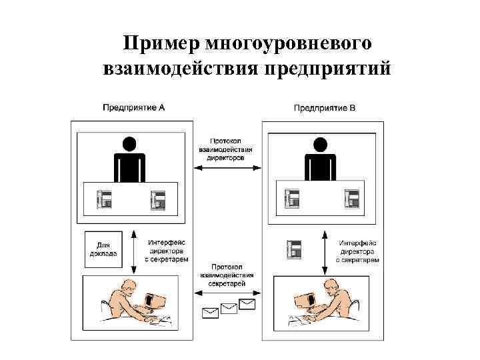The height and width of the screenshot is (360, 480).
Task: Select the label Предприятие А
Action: (134, 107)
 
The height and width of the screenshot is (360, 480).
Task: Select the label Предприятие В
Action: (325, 107)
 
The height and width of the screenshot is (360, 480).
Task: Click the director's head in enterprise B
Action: (320, 144)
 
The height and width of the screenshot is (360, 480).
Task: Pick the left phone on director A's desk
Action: (105, 199)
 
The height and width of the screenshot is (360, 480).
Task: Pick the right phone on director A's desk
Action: (158, 199)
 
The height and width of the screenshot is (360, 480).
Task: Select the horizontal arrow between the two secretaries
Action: (227, 291)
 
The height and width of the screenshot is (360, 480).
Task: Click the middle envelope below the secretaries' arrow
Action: (229, 307)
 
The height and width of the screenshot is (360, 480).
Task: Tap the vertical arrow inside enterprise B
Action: (324, 249)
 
